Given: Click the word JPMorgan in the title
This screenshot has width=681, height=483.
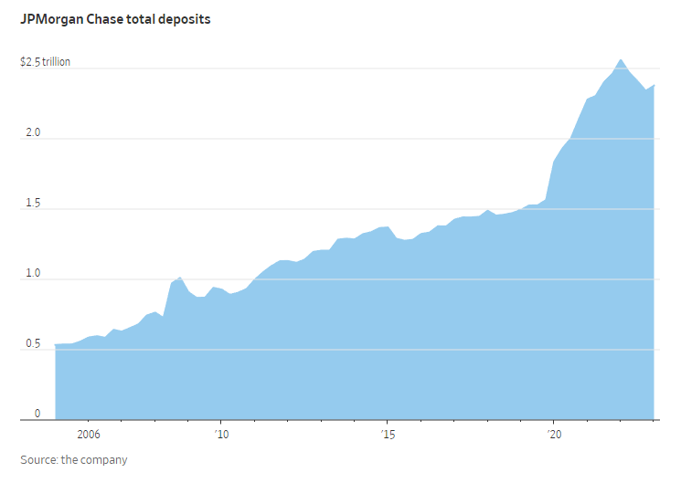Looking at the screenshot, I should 50,18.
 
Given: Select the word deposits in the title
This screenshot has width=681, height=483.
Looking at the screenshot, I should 185,18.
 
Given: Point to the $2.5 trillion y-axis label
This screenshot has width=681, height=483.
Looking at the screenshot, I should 45,63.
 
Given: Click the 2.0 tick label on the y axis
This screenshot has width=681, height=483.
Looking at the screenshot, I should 32,133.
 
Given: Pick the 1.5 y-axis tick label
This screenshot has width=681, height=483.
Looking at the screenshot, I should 32,204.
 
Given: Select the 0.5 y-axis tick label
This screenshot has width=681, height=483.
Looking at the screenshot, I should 32,344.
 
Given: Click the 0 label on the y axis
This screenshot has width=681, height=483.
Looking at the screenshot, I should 37,415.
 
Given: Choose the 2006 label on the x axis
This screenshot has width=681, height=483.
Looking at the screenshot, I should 88,435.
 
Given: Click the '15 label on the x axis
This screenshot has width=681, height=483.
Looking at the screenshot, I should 388,435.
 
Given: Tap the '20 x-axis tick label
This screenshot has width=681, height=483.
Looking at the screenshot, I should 553,435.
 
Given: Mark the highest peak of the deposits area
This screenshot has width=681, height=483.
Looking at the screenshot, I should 621,59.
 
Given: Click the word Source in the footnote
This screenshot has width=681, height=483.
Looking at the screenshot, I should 38,460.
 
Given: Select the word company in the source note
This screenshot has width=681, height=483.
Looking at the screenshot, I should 106,460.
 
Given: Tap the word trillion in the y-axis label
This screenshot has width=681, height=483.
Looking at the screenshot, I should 55,63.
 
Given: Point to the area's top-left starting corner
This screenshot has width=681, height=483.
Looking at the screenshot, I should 55,344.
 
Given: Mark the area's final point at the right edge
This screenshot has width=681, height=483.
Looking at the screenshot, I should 654,85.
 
